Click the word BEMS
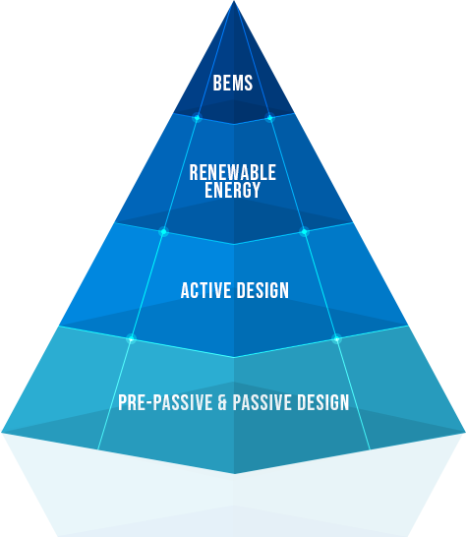[x=233, y=83]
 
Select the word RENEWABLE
[x=233, y=172]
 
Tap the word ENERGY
[x=233, y=190]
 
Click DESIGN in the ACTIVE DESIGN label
[x=262, y=290]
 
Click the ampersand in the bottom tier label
[x=222, y=402]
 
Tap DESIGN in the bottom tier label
[x=323, y=402]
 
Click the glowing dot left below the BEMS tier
[x=197, y=118]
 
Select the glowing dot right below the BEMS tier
[x=269, y=118]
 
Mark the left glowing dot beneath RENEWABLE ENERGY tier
[x=163, y=232]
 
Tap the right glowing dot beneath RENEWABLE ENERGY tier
[x=304, y=232]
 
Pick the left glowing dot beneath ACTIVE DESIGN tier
[x=131, y=339]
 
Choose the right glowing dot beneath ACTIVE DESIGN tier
[x=336, y=339]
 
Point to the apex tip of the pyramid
[x=234, y=1]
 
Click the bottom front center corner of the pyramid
[x=234, y=474]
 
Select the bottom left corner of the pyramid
[x=2, y=433]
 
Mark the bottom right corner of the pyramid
[x=465, y=433]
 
